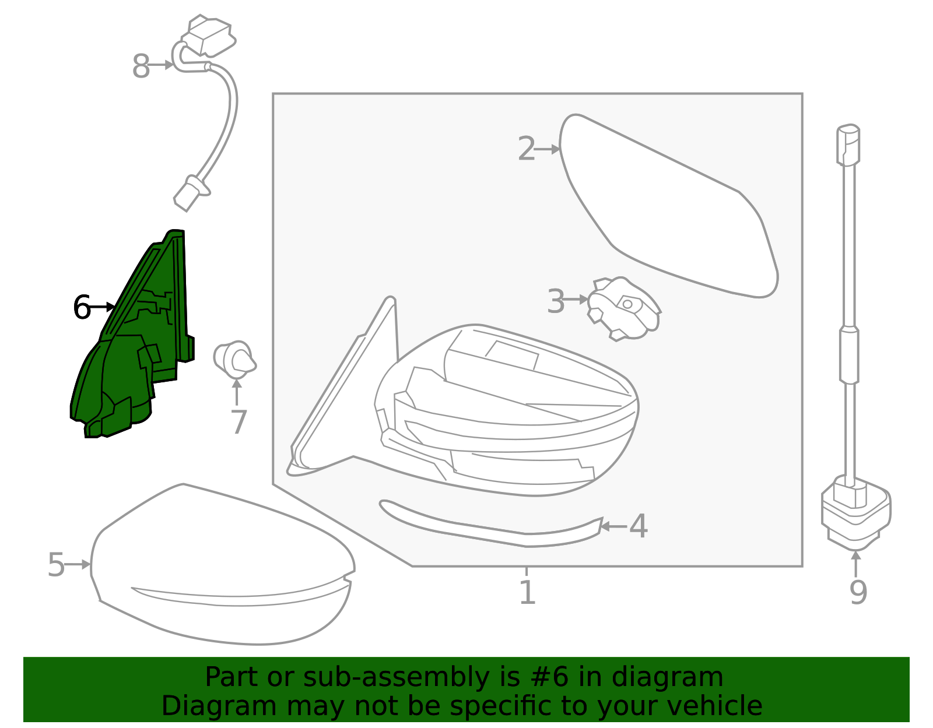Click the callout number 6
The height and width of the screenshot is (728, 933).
[82, 307]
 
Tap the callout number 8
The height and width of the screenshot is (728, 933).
[141, 66]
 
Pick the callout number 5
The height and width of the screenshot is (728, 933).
[56, 565]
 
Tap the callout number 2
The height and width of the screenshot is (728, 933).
[527, 149]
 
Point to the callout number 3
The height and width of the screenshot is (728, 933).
[556, 301]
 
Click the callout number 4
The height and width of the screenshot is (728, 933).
[639, 526]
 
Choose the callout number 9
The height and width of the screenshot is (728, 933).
[858, 593]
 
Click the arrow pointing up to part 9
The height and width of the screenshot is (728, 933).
[855, 564]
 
